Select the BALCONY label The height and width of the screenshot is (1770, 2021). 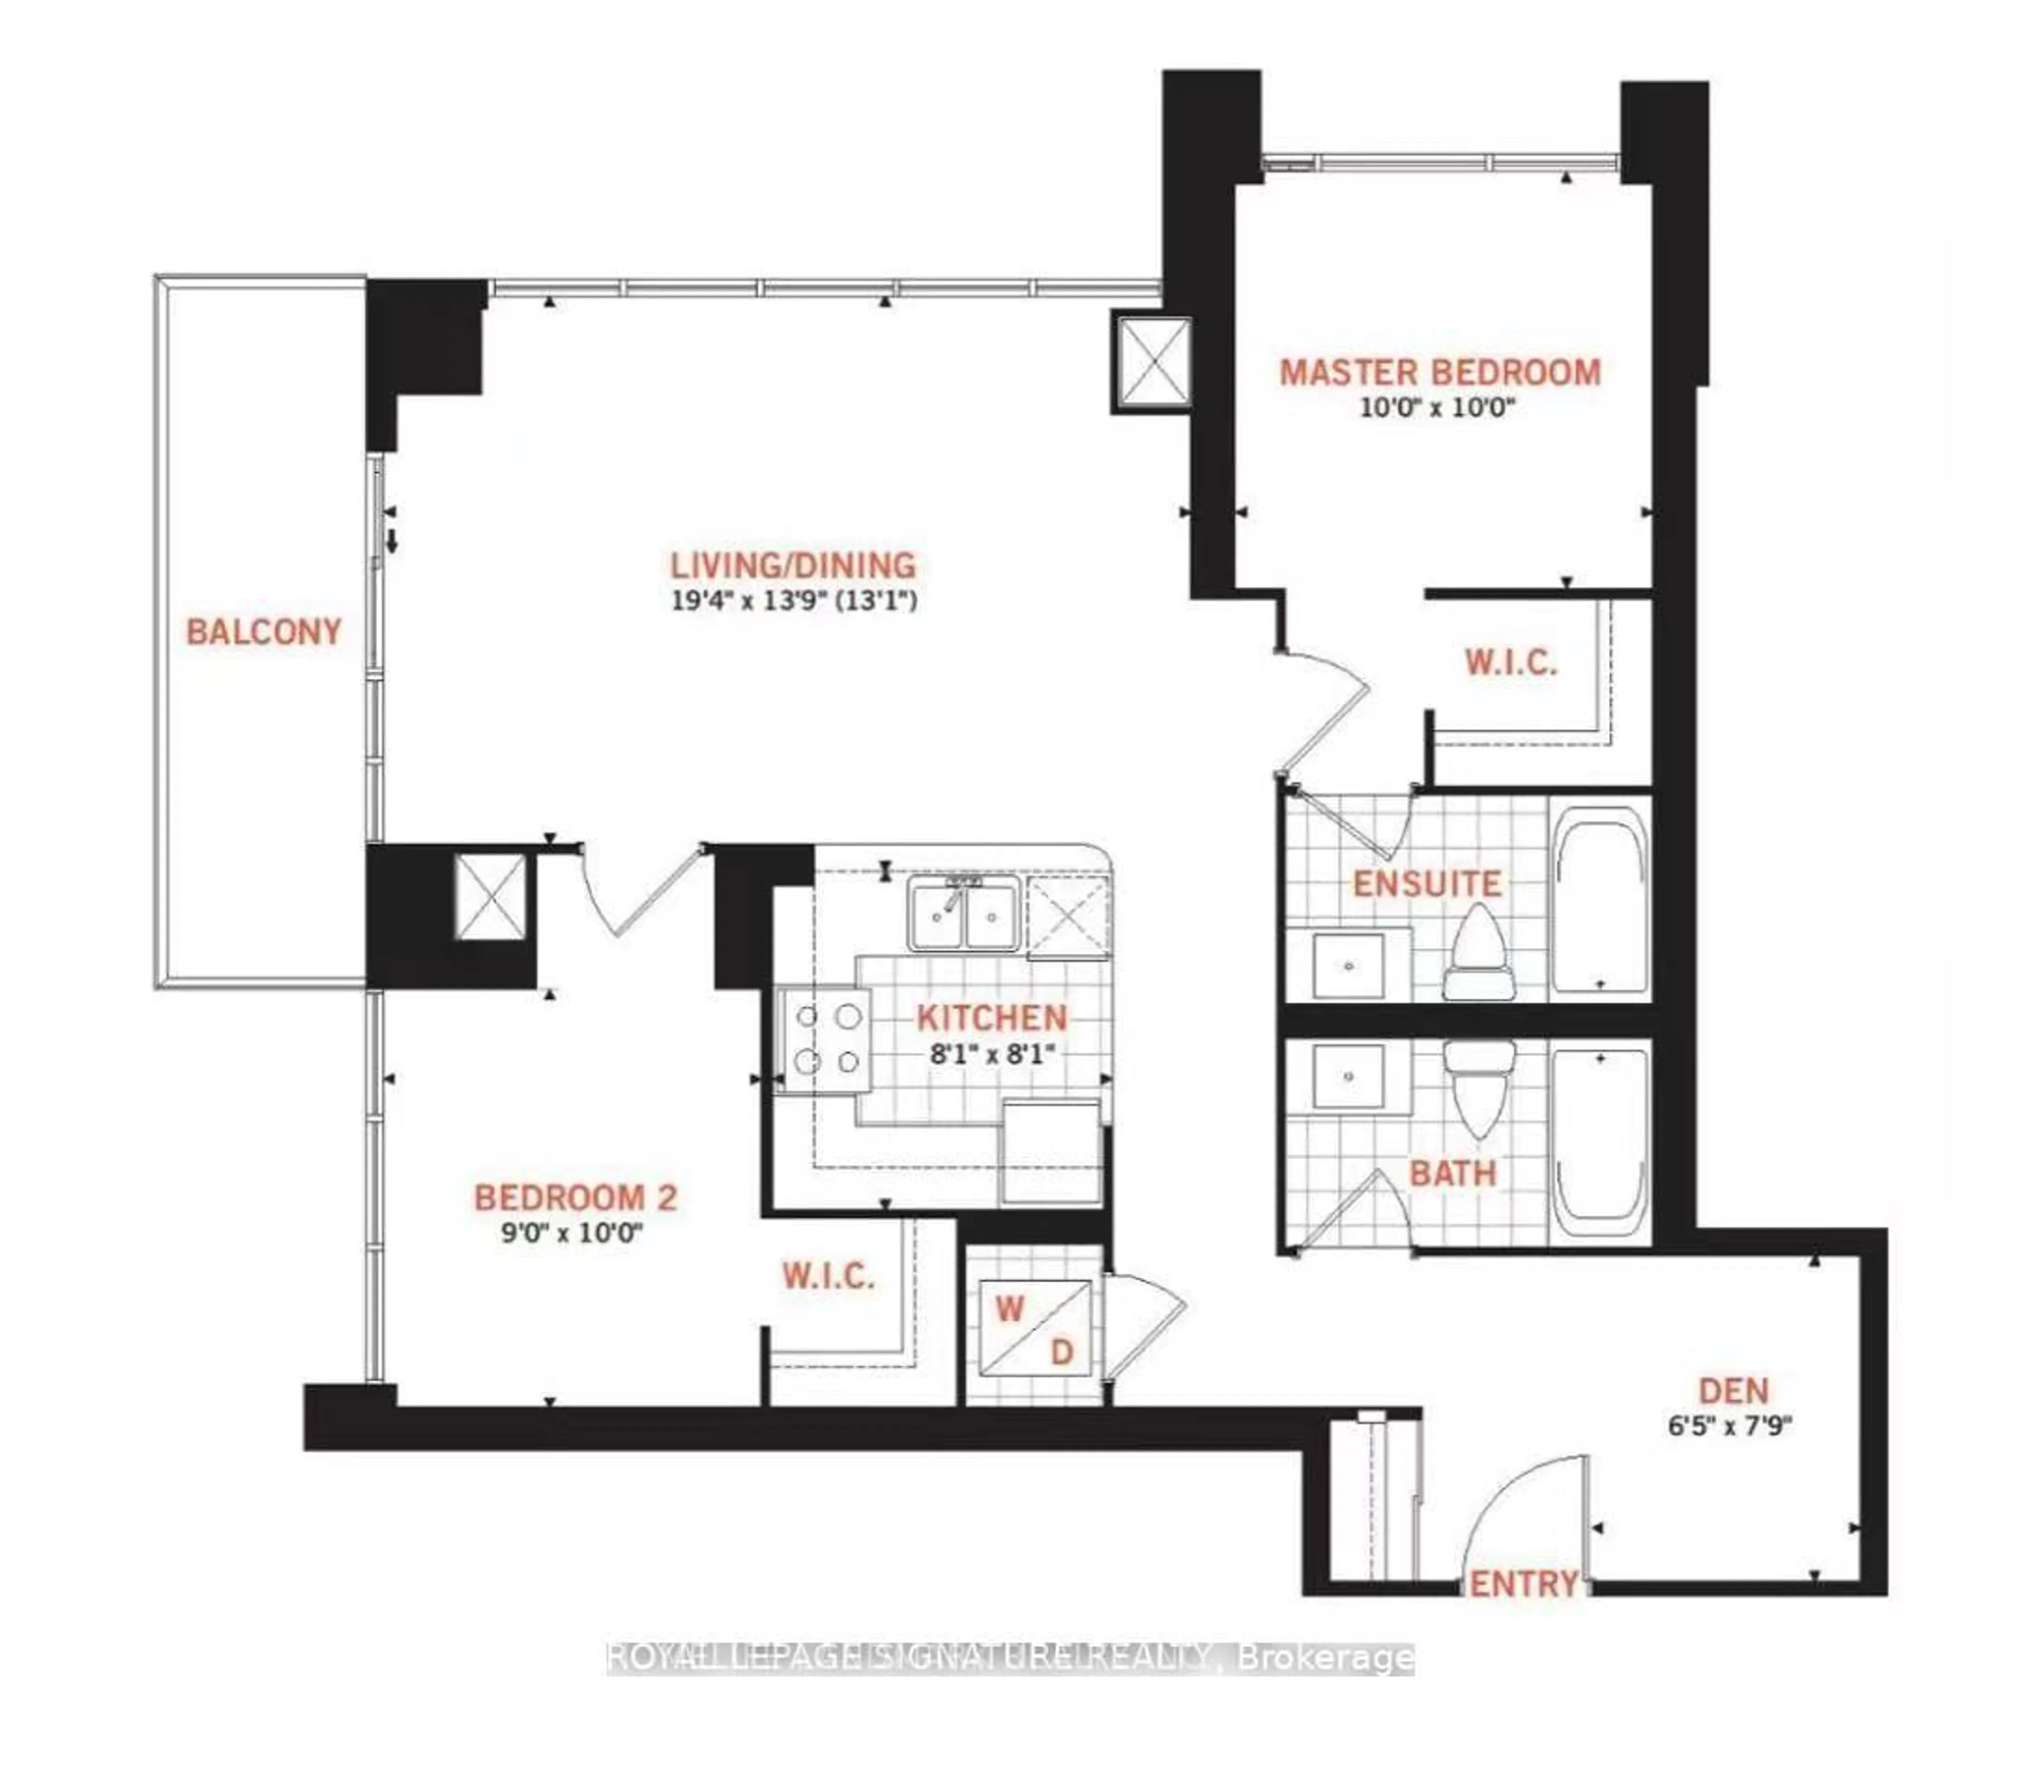[x=264, y=631]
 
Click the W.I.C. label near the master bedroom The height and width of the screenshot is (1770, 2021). [x=1510, y=663]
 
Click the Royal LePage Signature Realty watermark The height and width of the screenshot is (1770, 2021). [x=1009, y=1656]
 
